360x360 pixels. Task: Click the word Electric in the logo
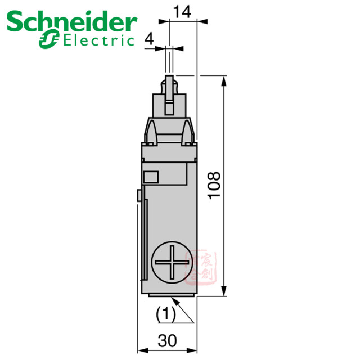click(99, 40)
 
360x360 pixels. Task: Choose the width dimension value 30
click(168, 341)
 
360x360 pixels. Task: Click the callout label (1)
click(165, 313)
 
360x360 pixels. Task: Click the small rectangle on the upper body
click(151, 177)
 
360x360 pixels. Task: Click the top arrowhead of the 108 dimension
click(225, 79)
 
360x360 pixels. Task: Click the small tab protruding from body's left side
click(138, 195)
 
